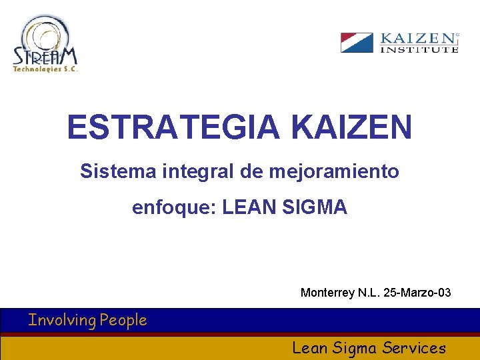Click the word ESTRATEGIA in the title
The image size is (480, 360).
(x=173, y=127)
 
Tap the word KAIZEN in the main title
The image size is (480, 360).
(x=352, y=127)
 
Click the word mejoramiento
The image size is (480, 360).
(x=334, y=172)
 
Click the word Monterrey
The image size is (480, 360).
(x=327, y=293)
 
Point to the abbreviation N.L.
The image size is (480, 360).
(x=369, y=293)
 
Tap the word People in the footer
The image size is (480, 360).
(x=123, y=321)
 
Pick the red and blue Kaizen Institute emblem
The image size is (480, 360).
(x=357, y=43)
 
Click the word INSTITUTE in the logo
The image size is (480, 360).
(x=419, y=49)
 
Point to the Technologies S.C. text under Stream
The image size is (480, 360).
(x=45, y=69)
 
